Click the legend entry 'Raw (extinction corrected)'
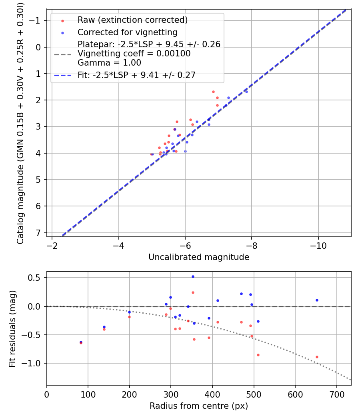(x=132, y=20)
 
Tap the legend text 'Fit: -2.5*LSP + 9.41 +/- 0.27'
(x=136, y=75)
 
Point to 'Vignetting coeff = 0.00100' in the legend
(x=134, y=53)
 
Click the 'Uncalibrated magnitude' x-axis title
(x=199, y=257)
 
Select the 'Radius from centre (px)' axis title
(x=199, y=406)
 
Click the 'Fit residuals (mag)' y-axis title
(x=12, y=328)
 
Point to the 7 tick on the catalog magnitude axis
(x=38, y=233)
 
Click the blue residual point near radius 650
(x=317, y=300)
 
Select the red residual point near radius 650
(x=317, y=357)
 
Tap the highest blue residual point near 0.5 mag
(x=193, y=276)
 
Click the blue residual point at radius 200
(x=129, y=312)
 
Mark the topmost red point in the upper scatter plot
(x=213, y=92)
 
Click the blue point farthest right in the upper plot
(x=246, y=92)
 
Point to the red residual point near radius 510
(x=258, y=355)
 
